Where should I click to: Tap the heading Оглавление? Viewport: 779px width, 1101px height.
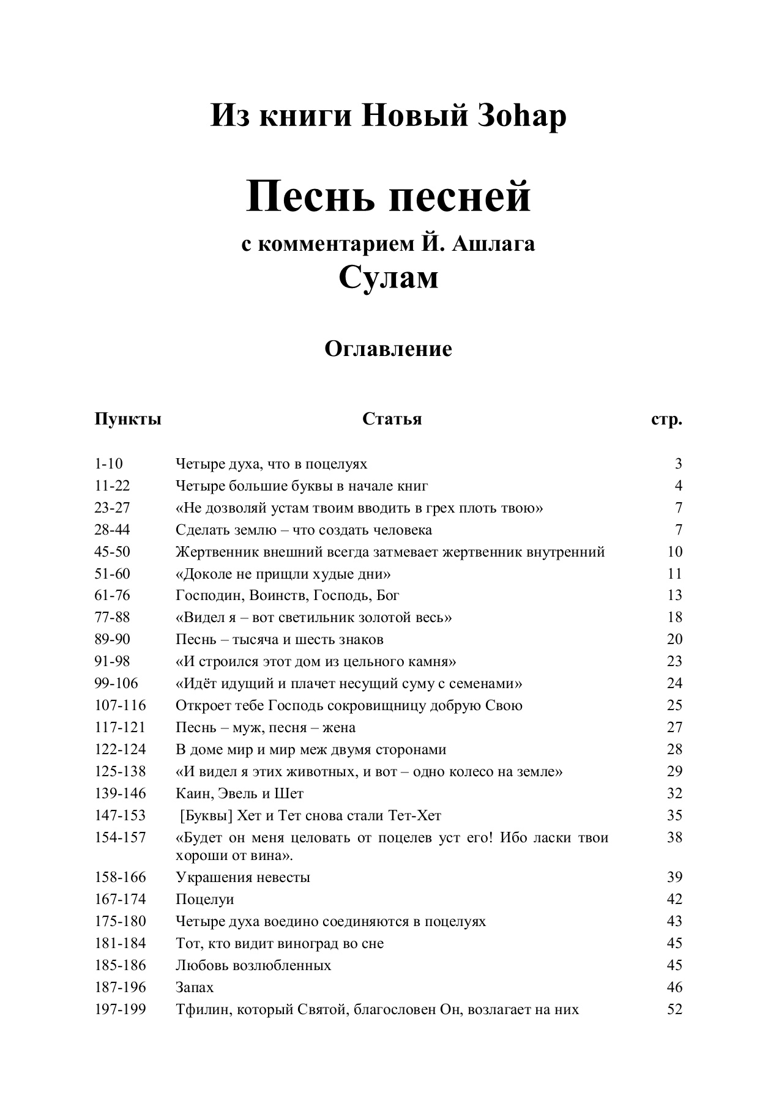[389, 349]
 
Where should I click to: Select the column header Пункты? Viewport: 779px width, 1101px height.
[128, 420]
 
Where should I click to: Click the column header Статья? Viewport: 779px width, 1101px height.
[392, 419]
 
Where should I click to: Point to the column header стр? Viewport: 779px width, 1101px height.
[666, 420]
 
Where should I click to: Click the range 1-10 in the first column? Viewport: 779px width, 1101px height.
[108, 464]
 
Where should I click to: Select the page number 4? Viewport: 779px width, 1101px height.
[678, 486]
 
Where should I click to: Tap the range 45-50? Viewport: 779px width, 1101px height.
[112, 552]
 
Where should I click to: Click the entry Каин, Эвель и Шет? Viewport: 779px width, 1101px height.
[239, 793]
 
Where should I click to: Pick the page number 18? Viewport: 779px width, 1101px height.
[674, 617]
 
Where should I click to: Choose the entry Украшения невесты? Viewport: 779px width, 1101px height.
[242, 877]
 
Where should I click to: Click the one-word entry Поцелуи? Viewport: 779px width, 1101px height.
[204, 899]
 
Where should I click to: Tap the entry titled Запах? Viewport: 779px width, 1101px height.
[195, 987]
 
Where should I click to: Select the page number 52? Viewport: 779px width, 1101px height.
[674, 1009]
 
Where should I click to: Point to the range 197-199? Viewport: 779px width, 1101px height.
[120, 1009]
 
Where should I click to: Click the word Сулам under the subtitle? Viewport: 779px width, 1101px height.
[389, 278]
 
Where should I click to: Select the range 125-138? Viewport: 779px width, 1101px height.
[120, 771]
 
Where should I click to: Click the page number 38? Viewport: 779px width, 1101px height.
[674, 837]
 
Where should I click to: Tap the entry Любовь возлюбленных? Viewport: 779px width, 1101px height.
[253, 965]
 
